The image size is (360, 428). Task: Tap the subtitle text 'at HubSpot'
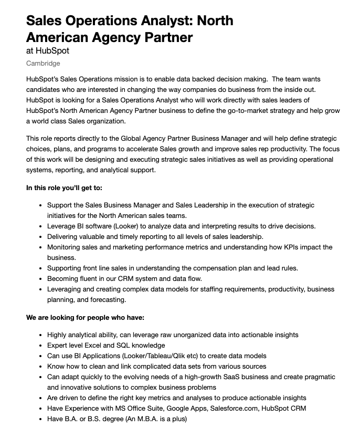47,51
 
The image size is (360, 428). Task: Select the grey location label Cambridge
43,64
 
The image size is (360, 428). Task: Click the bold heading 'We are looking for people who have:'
85,318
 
